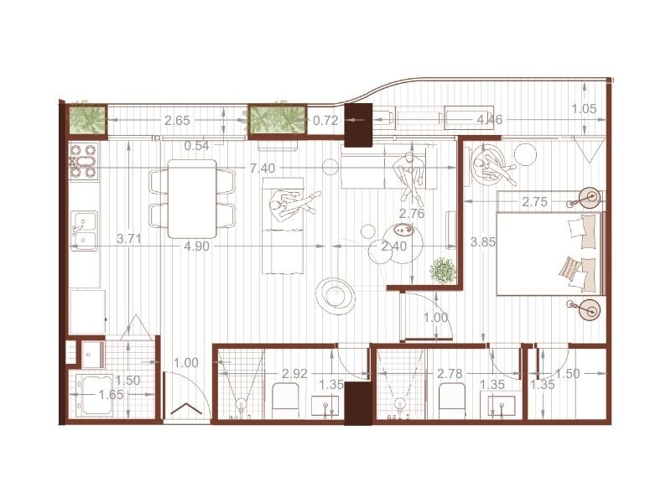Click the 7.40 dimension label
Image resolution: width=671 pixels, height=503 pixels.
(x=263, y=169)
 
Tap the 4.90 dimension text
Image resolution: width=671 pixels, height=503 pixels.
(x=197, y=246)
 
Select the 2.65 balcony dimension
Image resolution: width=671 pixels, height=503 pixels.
(x=177, y=121)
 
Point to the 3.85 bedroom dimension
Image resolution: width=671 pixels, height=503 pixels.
(x=483, y=242)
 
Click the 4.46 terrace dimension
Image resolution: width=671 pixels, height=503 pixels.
(x=490, y=120)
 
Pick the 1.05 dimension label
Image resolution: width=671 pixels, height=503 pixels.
(x=584, y=109)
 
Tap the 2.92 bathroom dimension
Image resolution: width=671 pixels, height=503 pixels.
(x=295, y=374)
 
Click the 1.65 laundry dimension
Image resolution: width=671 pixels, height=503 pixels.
(x=112, y=394)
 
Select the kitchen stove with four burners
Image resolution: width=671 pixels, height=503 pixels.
(x=84, y=161)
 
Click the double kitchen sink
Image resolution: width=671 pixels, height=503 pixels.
(x=85, y=231)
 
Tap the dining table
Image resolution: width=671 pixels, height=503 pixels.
(x=192, y=199)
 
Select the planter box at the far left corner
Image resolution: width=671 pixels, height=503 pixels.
(x=88, y=120)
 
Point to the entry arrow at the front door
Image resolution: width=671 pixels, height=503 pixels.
(x=186, y=409)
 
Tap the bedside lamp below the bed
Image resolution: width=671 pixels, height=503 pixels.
(x=588, y=309)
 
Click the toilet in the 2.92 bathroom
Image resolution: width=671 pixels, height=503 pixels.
(x=285, y=401)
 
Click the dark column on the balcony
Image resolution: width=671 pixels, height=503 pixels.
(x=358, y=126)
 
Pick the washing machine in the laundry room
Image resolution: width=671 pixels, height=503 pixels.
(x=96, y=395)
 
